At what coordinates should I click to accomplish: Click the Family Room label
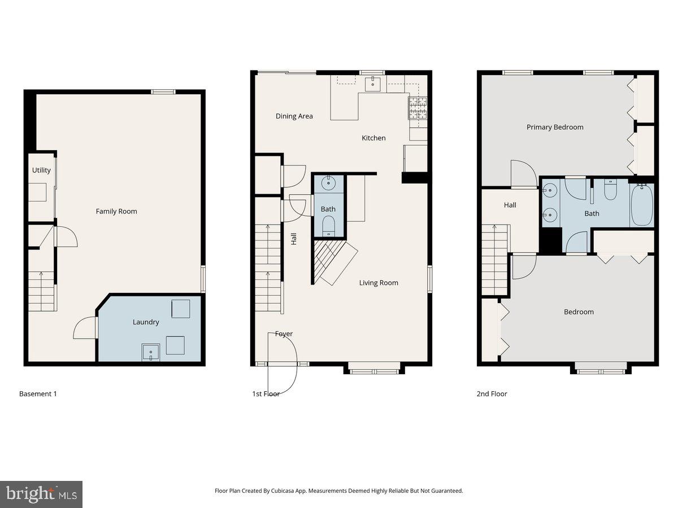pyautogui.click(x=116, y=211)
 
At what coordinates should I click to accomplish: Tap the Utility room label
pyautogui.click(x=41, y=170)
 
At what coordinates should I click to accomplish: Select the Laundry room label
pyautogui.click(x=146, y=322)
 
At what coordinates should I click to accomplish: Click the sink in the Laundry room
pyautogui.click(x=151, y=353)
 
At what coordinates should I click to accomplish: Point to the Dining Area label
pyautogui.click(x=294, y=116)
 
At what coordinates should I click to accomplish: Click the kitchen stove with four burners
pyautogui.click(x=418, y=108)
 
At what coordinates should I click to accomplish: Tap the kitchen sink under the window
pyautogui.click(x=373, y=84)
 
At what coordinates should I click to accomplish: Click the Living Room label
pyautogui.click(x=379, y=283)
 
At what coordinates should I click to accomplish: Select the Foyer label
pyautogui.click(x=284, y=334)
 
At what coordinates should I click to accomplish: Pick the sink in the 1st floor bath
pyautogui.click(x=328, y=183)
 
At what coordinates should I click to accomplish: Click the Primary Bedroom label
pyautogui.click(x=555, y=127)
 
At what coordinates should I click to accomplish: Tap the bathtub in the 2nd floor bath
pyautogui.click(x=641, y=204)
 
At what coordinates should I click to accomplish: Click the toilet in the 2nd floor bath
pyautogui.click(x=610, y=191)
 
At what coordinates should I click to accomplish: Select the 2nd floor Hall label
pyautogui.click(x=510, y=205)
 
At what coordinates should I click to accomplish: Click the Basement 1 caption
pyautogui.click(x=38, y=393)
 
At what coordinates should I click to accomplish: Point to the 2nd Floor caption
pyautogui.click(x=492, y=393)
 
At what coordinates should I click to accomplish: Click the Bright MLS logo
pyautogui.click(x=41, y=494)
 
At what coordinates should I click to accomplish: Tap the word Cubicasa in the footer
pyautogui.click(x=275, y=491)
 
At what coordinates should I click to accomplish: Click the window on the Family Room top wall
pyautogui.click(x=163, y=91)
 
